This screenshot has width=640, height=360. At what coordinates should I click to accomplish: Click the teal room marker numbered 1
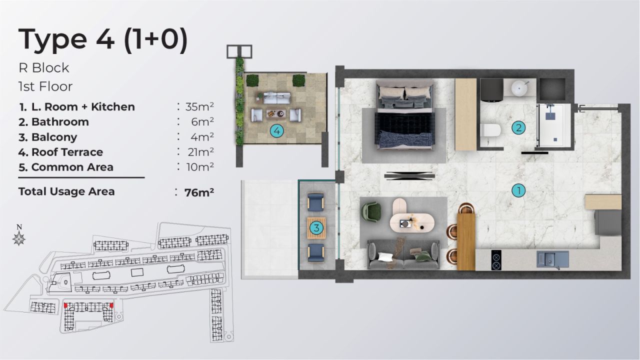519,190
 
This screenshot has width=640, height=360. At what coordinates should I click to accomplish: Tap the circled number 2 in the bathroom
518,128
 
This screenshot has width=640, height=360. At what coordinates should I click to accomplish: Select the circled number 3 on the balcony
315,228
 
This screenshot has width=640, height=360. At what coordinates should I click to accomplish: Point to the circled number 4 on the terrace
276,131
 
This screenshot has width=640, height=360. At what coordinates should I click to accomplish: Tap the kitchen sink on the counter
552,259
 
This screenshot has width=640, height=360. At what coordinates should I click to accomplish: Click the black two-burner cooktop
496,258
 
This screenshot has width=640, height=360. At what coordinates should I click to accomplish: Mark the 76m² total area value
199,192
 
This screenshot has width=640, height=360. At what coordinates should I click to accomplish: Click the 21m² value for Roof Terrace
199,152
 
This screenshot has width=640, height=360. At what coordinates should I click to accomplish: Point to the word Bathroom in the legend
60,122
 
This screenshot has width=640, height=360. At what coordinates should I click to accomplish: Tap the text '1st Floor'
45,86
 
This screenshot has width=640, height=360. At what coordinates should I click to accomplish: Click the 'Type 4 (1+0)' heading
103,40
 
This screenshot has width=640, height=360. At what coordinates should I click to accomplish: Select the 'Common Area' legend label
72,167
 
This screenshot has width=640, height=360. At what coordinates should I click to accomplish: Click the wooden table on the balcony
316,227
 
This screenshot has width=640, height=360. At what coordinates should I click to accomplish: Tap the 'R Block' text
43,67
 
